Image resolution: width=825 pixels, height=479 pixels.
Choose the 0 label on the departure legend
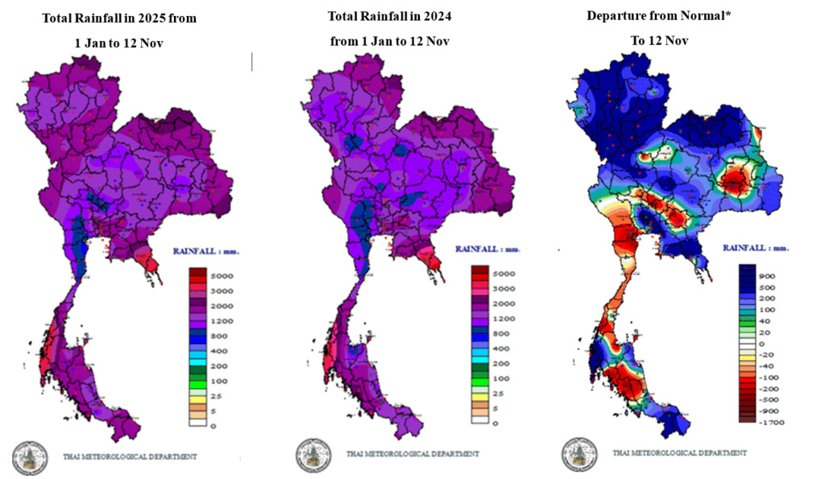pyautogui.click(x=763, y=343)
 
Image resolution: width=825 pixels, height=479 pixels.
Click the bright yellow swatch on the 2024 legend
pyautogui.click(x=479, y=396)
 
